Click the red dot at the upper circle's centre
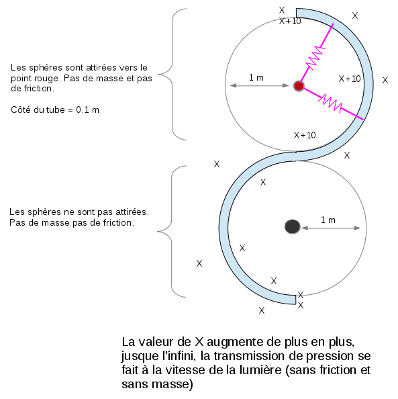tap(299, 86)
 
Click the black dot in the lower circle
tap(293, 226)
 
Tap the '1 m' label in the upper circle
tap(256, 78)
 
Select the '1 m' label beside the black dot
tap(328, 220)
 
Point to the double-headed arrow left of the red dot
tap(259, 85)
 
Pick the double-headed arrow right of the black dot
tap(331, 228)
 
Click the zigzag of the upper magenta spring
tap(315, 58)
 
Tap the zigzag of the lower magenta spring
tap(330, 102)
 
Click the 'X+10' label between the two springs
tap(350, 79)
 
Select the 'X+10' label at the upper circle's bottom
tap(305, 135)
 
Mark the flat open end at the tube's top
tap(297, 13)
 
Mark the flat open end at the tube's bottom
tap(296, 300)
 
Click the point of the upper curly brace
tap(158, 75)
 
